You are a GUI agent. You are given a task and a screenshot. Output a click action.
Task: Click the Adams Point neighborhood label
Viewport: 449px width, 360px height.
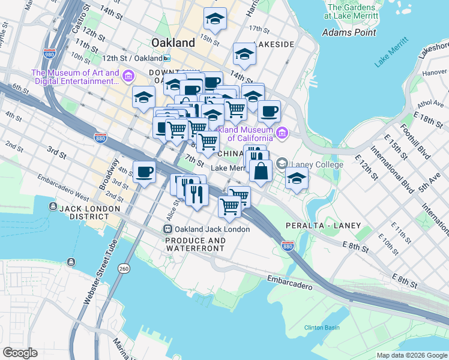349,32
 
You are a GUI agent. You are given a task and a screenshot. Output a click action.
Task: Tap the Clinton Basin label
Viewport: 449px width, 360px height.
322,328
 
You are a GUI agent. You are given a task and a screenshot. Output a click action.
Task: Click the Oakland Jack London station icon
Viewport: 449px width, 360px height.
167,229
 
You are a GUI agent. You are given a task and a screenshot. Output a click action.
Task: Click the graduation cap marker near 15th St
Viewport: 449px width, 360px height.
215,19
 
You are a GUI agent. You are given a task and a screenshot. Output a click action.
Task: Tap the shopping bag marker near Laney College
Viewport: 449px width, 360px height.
261,172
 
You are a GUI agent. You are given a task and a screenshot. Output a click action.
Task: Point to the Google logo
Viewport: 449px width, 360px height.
20,353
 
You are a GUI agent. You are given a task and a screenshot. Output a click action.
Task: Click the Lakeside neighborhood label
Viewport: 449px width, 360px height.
274,44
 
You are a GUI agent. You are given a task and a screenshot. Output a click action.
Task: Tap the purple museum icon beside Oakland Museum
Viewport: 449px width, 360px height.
281,133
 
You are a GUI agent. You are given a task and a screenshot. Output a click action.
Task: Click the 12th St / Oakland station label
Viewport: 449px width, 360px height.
133,58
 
